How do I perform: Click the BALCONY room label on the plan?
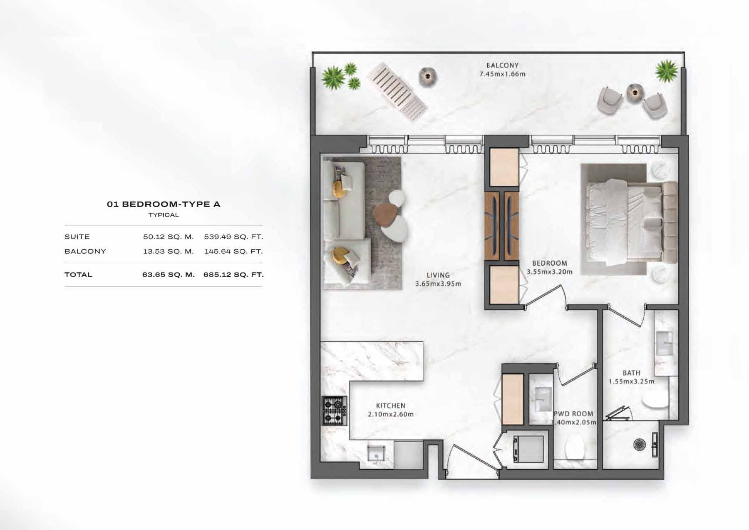point(502,65)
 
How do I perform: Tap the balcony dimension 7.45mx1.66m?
point(502,75)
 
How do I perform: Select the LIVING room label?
point(438,275)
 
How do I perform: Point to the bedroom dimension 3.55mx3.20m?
point(549,272)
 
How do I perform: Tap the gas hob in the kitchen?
point(335,410)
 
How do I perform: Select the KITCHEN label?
point(390,406)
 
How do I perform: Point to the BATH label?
point(631,373)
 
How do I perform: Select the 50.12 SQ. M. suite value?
point(168,237)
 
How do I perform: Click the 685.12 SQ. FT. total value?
point(233,275)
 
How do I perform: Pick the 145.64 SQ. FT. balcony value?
point(233,251)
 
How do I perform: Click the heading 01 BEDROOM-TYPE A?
point(164,204)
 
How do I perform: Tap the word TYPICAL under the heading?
point(164,215)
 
